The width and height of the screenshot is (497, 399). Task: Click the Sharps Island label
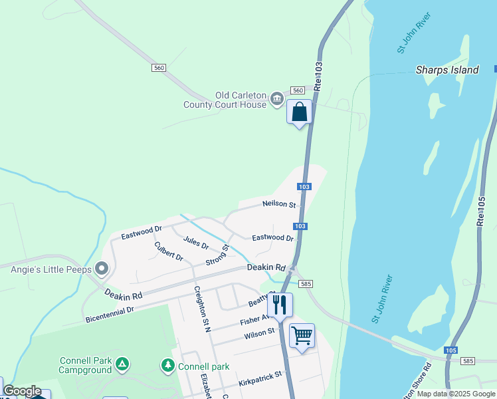click(x=447, y=70)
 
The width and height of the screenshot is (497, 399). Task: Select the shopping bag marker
click(x=300, y=112)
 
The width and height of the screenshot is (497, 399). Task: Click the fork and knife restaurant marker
click(x=280, y=305)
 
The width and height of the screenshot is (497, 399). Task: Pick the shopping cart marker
click(x=302, y=335)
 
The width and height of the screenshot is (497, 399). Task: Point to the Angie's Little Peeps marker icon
click(x=102, y=269)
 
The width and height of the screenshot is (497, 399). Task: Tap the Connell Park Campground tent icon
click(x=122, y=364)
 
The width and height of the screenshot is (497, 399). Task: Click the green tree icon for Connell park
click(x=168, y=366)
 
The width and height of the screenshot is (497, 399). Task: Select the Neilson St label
click(x=278, y=204)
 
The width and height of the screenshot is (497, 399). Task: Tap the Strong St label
click(x=217, y=255)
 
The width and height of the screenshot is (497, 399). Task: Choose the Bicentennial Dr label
click(x=110, y=315)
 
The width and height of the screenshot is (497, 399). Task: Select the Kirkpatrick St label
click(x=260, y=380)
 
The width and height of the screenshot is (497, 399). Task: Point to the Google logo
click(x=22, y=391)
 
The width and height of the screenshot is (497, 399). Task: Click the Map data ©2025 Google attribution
click(x=456, y=394)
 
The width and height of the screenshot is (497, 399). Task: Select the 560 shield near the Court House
click(x=297, y=90)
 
